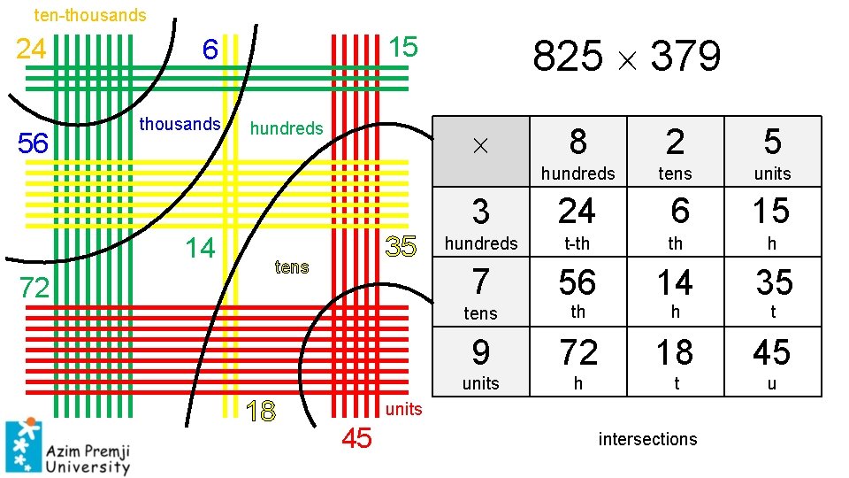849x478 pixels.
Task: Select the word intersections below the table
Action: tap(647, 439)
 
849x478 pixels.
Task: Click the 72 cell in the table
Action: tap(578, 353)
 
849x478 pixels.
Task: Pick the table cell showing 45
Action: tap(771, 353)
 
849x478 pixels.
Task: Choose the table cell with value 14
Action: tap(674, 282)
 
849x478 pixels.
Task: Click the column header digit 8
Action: tap(577, 142)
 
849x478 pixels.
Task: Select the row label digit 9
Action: tap(480, 353)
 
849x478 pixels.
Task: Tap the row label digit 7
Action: tap(480, 282)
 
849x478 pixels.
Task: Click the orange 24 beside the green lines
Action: tap(31, 48)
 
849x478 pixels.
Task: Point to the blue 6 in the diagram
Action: tap(210, 50)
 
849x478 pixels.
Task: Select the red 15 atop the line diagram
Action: tap(403, 47)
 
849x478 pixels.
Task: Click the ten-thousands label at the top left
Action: tap(90, 15)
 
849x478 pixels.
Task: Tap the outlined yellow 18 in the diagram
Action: tap(262, 412)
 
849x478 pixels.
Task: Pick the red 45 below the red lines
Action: tap(357, 438)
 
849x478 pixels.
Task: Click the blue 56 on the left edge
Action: tap(33, 143)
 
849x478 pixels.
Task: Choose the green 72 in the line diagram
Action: tap(34, 288)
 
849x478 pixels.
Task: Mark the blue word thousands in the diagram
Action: tap(180, 124)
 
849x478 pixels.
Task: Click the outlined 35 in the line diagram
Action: tap(402, 247)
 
